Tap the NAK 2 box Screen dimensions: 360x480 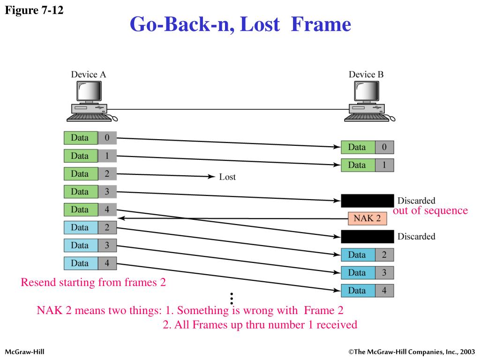(x=367, y=218)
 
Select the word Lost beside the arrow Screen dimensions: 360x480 (x=227, y=177)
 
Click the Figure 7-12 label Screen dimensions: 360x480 (x=33, y=10)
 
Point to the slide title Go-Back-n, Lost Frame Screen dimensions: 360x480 (x=240, y=24)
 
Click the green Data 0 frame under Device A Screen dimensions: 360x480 (x=90, y=138)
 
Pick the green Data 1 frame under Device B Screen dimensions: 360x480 (x=367, y=165)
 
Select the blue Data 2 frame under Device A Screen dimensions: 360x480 (x=90, y=228)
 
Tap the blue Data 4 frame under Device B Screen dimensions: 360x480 (x=367, y=291)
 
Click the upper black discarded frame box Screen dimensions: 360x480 (x=367, y=201)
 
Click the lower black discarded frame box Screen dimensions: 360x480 (x=367, y=236)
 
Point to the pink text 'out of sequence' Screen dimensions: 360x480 (x=430, y=210)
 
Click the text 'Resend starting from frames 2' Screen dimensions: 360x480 (x=93, y=283)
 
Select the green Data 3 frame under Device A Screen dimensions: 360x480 (x=90, y=192)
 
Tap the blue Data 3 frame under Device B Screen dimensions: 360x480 (x=367, y=273)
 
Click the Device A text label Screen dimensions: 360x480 (x=89, y=75)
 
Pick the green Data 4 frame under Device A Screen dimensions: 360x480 (x=90, y=210)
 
